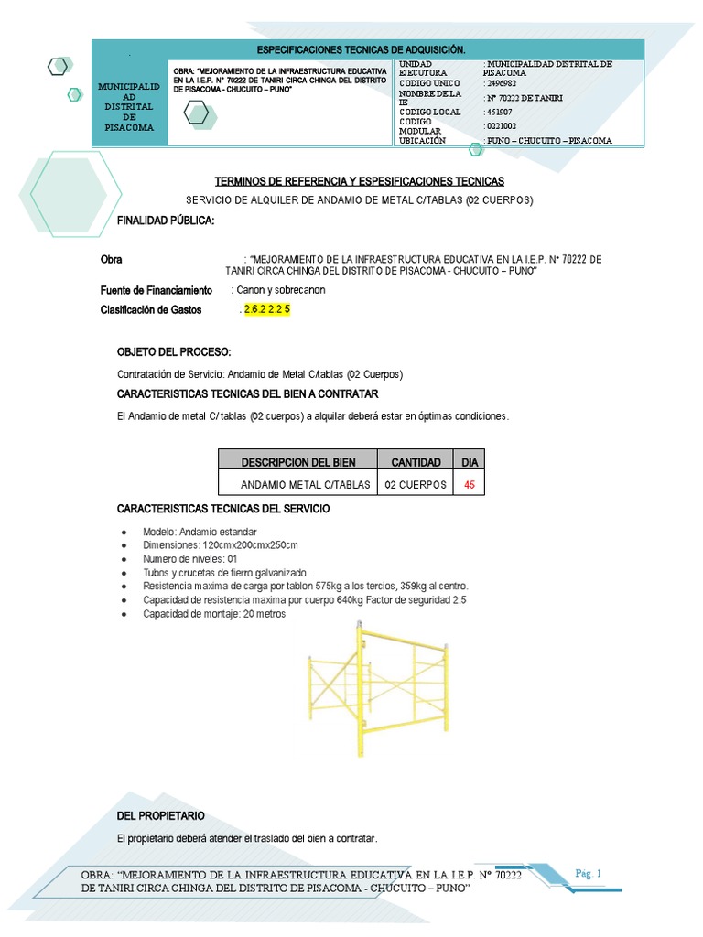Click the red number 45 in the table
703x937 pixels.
tap(470, 484)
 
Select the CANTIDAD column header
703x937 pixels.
tap(416, 462)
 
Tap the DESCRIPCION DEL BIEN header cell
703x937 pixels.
tap(297, 462)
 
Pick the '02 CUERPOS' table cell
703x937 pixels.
tap(416, 484)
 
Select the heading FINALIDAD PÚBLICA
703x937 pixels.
tap(166, 221)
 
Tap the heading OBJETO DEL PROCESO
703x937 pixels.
tap(174, 352)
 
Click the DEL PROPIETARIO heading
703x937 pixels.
tap(161, 815)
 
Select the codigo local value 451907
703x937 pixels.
tap(500, 112)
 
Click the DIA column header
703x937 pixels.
tap(470, 462)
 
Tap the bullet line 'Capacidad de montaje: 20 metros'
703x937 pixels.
tap(214, 614)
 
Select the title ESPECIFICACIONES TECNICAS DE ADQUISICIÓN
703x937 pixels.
tap(361, 48)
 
